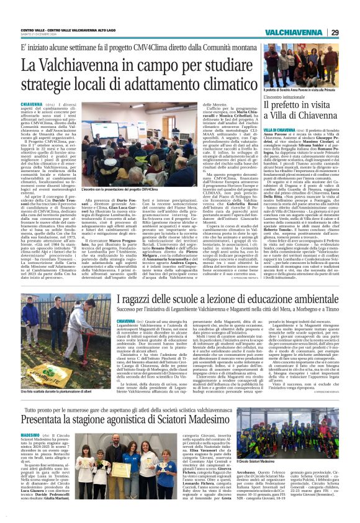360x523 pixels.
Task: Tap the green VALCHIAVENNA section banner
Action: pyautogui.click(x=293, y=32)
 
